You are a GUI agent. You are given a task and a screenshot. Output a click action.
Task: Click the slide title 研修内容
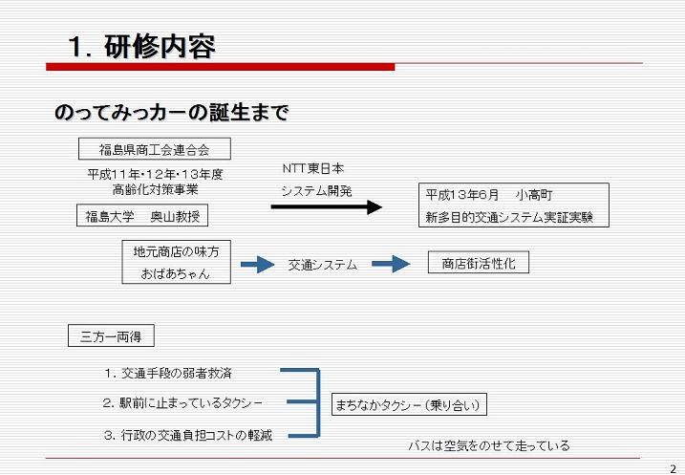160,46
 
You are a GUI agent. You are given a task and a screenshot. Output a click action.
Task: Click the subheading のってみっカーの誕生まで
171,113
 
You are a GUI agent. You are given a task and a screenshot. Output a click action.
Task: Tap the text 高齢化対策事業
156,189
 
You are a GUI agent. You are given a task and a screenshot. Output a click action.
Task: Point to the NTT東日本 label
313,168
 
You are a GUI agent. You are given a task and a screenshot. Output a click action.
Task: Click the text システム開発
317,191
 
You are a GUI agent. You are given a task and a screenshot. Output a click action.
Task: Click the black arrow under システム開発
327,207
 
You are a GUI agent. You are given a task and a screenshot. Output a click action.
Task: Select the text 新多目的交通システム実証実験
509,217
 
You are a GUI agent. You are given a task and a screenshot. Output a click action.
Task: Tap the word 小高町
534,195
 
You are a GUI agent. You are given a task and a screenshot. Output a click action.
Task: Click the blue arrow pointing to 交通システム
257,265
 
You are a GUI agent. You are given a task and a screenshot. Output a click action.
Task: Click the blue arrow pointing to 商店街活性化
391,264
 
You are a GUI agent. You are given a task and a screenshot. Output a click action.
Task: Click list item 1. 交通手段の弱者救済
168,373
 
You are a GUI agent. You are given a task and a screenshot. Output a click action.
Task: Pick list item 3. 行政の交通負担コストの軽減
188,435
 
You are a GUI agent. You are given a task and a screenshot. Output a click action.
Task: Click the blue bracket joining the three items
318,402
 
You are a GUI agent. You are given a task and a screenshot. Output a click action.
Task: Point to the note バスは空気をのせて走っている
489,445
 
